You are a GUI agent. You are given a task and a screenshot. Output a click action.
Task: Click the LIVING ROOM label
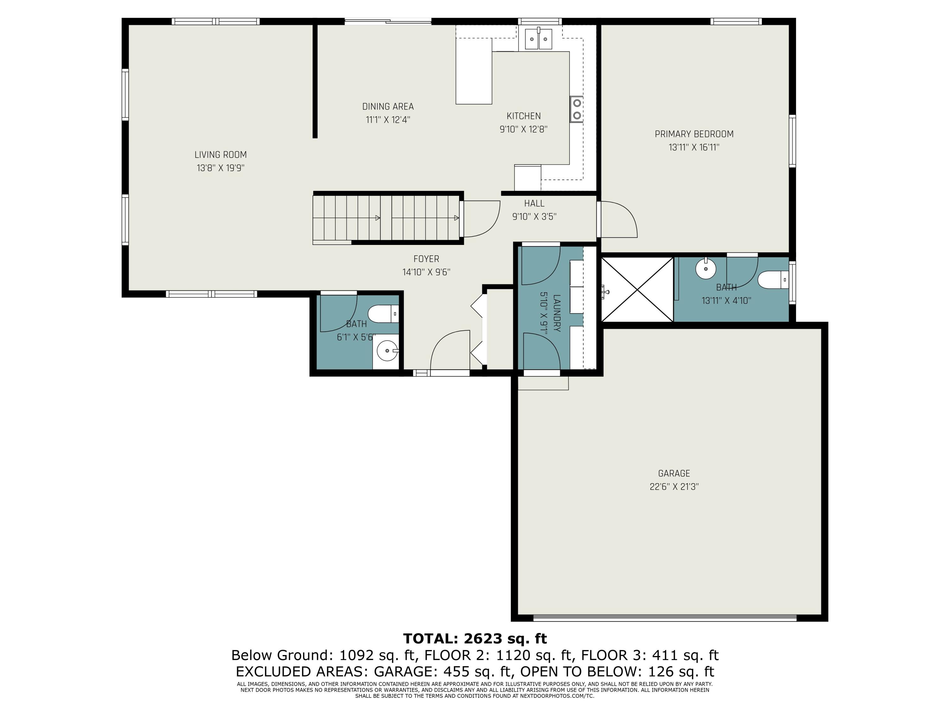pyautogui.click(x=221, y=154)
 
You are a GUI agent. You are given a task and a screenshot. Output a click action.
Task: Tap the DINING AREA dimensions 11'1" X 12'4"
pyautogui.click(x=388, y=120)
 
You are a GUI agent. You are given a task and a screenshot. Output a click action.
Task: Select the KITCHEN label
pyautogui.click(x=523, y=116)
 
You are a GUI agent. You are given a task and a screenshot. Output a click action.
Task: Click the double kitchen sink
pyautogui.click(x=539, y=39)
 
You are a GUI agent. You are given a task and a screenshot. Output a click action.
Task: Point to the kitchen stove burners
pyautogui.click(x=577, y=109)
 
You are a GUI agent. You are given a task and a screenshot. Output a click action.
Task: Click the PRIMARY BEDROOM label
pyautogui.click(x=694, y=134)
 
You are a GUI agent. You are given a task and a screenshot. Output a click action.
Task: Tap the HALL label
pyautogui.click(x=534, y=203)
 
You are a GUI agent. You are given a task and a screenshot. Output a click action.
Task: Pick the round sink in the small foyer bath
pyautogui.click(x=387, y=351)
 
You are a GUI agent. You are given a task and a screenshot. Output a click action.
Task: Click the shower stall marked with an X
pyautogui.click(x=637, y=289)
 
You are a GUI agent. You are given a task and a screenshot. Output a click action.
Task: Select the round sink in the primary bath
pyautogui.click(x=706, y=269)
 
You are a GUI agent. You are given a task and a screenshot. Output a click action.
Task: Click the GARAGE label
pyautogui.click(x=674, y=473)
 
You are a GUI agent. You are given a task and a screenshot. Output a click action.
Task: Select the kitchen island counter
pyautogui.click(x=474, y=71)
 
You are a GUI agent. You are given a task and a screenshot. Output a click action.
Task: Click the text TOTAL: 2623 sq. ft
pyautogui.click(x=475, y=639)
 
